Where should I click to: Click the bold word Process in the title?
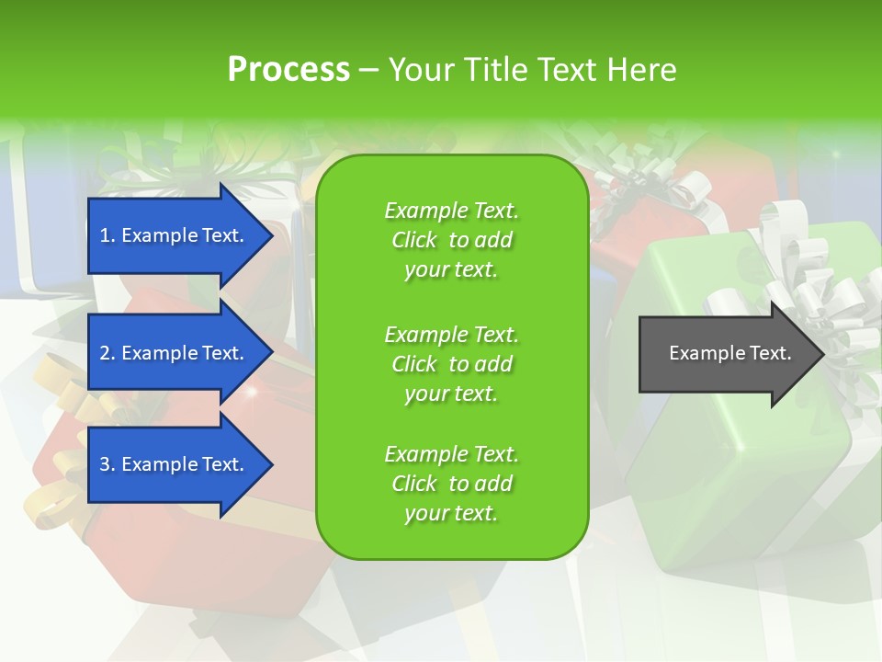click(288, 70)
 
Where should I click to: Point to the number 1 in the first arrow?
click(105, 235)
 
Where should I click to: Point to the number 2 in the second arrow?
click(105, 353)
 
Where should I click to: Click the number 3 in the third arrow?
click(105, 464)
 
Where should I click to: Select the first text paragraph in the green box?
click(451, 240)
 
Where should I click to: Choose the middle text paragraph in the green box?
click(451, 364)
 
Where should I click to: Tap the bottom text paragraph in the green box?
click(451, 484)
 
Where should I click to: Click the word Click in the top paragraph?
click(414, 240)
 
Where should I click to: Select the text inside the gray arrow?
click(729, 353)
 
